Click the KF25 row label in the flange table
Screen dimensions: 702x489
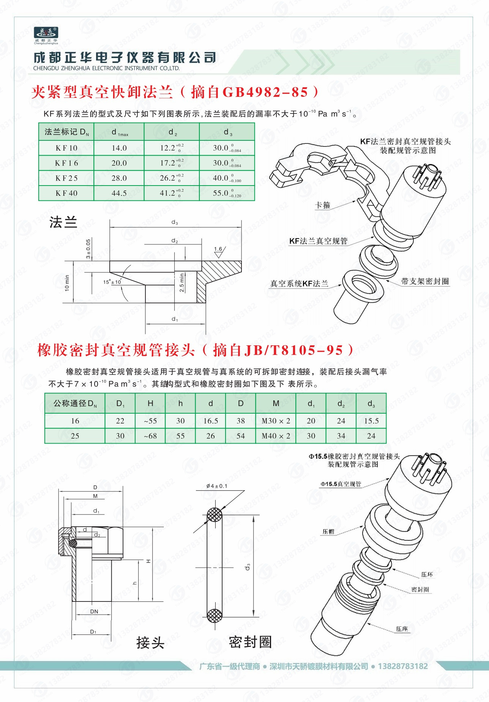[x=66, y=178]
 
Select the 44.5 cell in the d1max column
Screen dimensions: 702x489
[x=119, y=193]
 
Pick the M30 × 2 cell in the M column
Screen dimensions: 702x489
[x=276, y=420]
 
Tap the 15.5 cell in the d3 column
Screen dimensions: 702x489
[x=371, y=420]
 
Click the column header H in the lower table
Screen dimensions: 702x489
[x=150, y=403]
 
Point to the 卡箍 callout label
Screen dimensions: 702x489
[x=323, y=205]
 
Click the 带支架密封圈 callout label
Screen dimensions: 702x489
[x=424, y=281]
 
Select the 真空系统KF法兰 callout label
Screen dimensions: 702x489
[x=299, y=283]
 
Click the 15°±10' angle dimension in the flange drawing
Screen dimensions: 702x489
[x=112, y=282]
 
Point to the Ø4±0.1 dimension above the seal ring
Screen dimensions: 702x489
[x=217, y=486]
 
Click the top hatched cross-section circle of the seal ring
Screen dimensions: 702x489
[x=215, y=515]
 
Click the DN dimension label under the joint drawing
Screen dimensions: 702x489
[x=94, y=611]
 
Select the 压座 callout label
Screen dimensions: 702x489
[x=402, y=629]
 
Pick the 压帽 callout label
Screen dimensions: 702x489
[x=328, y=532]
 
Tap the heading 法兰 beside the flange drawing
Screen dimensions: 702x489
[x=63, y=222]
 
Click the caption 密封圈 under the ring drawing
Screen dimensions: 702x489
[x=250, y=642]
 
